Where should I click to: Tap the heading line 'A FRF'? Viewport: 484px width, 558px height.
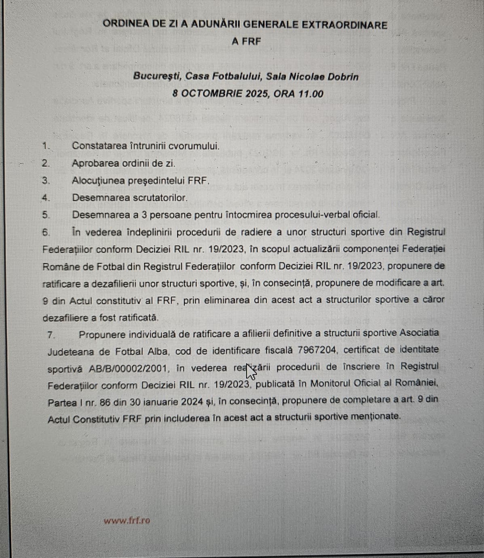coord(246,42)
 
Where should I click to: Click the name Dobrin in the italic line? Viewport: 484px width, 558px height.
coord(343,77)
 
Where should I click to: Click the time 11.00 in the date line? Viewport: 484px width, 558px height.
coord(311,94)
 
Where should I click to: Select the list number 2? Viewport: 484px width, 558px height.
coord(46,163)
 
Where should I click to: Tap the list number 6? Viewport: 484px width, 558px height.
coord(46,232)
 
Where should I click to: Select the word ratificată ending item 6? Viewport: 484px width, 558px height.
coord(138,318)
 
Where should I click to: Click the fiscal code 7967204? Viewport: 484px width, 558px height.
coord(317,350)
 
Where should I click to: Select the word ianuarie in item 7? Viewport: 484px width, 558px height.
coord(157,401)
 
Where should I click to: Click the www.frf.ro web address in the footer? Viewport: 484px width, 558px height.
coord(127,521)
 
